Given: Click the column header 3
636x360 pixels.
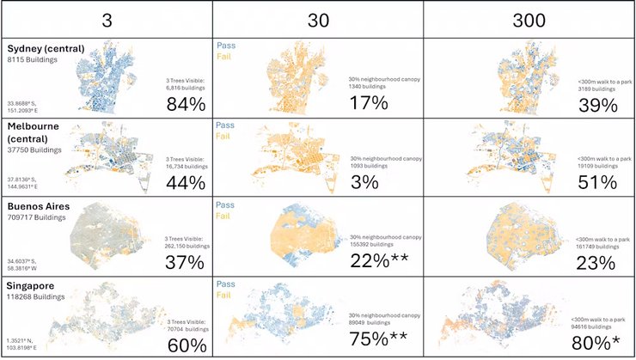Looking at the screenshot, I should (106, 18).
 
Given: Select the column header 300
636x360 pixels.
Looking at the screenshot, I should (529, 18).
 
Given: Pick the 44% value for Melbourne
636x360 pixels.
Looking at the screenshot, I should (186, 183).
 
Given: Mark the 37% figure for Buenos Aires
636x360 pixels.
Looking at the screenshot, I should (186, 263).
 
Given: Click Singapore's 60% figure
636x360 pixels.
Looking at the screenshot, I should (186, 345).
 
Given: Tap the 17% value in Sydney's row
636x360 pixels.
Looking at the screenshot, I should (369, 104).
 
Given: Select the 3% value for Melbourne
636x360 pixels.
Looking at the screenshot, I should (364, 182).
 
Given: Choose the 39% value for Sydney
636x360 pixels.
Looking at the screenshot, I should (597, 105).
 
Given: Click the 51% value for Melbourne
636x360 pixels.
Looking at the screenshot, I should (597, 182).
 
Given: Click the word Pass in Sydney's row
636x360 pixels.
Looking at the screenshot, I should (226, 46).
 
